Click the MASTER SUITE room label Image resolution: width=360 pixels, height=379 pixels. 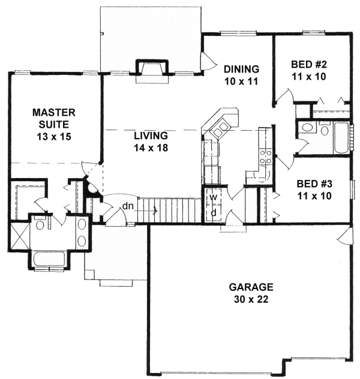[53, 118]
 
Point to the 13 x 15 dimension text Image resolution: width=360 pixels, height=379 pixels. [53, 136]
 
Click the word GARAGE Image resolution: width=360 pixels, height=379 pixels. [250, 287]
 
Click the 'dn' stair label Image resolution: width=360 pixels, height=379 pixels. [128, 206]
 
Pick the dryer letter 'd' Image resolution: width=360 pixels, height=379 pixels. [213, 212]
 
